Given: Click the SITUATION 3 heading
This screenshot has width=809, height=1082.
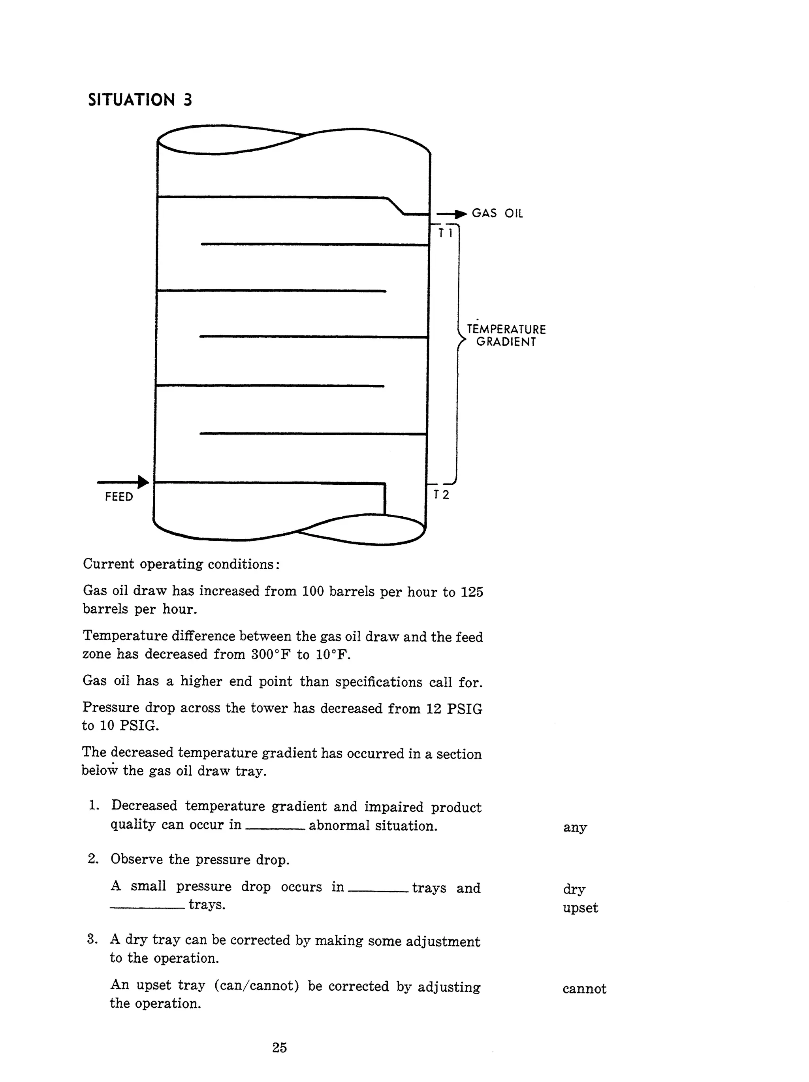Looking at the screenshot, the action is [140, 100].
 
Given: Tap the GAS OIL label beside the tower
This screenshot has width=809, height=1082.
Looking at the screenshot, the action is [497, 213].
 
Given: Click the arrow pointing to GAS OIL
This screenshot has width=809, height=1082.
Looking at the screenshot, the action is [452, 214].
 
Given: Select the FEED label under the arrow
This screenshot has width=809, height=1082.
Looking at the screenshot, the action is [119, 497].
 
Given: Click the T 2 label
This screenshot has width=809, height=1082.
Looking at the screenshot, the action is [441, 495].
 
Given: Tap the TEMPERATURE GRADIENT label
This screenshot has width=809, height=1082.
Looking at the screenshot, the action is [506, 335].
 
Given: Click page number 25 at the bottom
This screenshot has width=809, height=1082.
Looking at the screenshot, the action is [279, 1047].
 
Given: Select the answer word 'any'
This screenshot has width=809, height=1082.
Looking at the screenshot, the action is [575, 828].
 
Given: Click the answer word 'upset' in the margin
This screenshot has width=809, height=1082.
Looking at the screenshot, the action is [580, 908].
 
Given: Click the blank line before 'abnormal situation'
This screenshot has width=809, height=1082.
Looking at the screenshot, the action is [275, 828].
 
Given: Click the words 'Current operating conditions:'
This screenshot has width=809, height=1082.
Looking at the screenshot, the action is [181, 564].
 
